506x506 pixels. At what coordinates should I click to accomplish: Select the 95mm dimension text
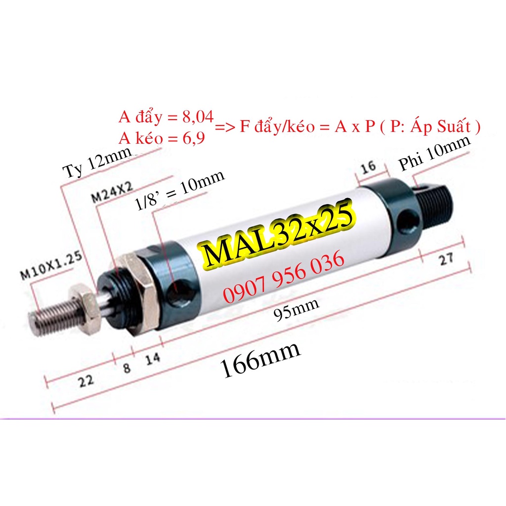[x=296, y=309]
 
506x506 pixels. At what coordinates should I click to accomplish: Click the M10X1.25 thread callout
[x=51, y=265]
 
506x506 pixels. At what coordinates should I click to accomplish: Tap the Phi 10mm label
[x=434, y=154]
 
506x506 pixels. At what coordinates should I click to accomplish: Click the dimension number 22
[x=86, y=381]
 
